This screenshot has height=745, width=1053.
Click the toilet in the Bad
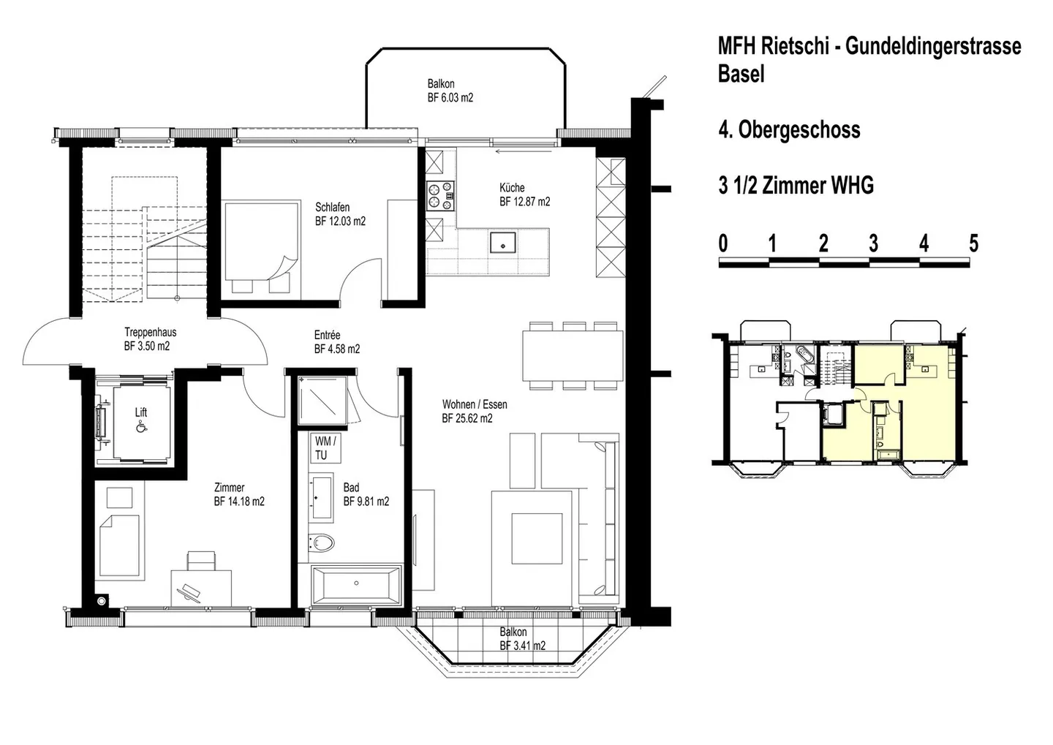click(x=322, y=542)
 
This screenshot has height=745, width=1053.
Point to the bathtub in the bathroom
click(x=356, y=584)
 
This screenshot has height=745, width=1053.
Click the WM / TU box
click(x=325, y=448)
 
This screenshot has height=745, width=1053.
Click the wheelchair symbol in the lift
click(x=140, y=428)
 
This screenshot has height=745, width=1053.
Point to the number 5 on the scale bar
click(x=973, y=243)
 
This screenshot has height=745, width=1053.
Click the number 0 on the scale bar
click(x=723, y=243)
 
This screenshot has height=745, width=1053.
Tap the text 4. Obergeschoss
click(x=789, y=130)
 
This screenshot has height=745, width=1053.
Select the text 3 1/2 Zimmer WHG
click(x=796, y=186)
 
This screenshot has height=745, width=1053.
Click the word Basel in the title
click(x=741, y=75)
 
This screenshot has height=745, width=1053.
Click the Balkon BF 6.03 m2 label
click(x=450, y=91)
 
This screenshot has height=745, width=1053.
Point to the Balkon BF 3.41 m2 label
click(x=522, y=638)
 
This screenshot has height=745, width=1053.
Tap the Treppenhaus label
click(x=150, y=339)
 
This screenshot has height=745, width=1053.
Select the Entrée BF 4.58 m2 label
click(x=336, y=342)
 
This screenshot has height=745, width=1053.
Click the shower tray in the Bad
click(x=322, y=401)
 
